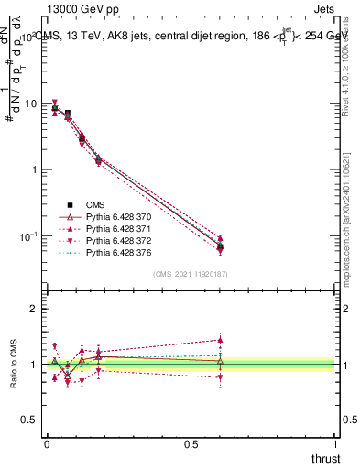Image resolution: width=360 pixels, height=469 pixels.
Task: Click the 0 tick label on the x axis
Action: tap(46, 443)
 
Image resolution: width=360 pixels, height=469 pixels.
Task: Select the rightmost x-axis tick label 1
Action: tap(336, 443)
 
